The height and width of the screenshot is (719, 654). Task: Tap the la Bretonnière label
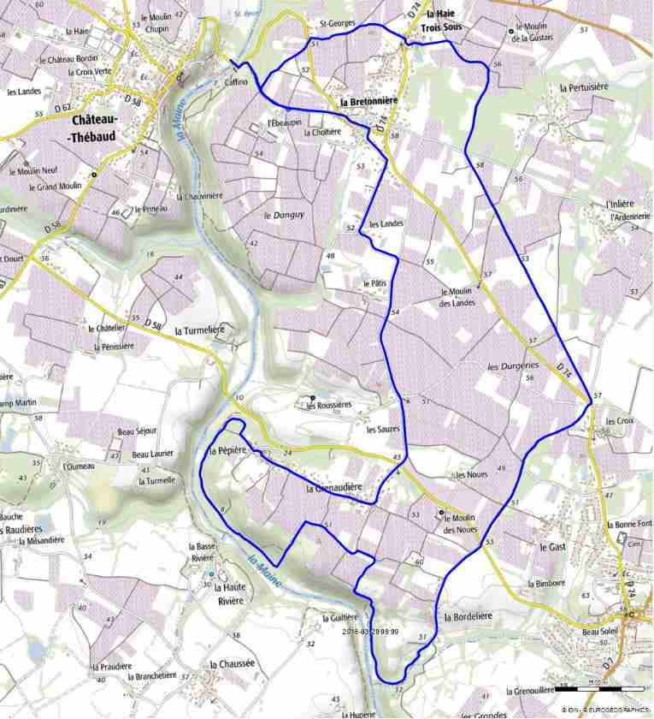pyautogui.click(x=368, y=103)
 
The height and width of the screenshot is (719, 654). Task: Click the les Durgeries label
pyautogui.click(x=510, y=365)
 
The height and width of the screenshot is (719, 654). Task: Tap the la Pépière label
pyautogui.click(x=227, y=449)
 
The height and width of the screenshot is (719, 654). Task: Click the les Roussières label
pyautogui.click(x=329, y=405)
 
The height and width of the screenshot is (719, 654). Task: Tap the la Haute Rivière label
pyautogui.click(x=228, y=594)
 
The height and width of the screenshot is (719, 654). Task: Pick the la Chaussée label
pyautogui.click(x=230, y=663)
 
